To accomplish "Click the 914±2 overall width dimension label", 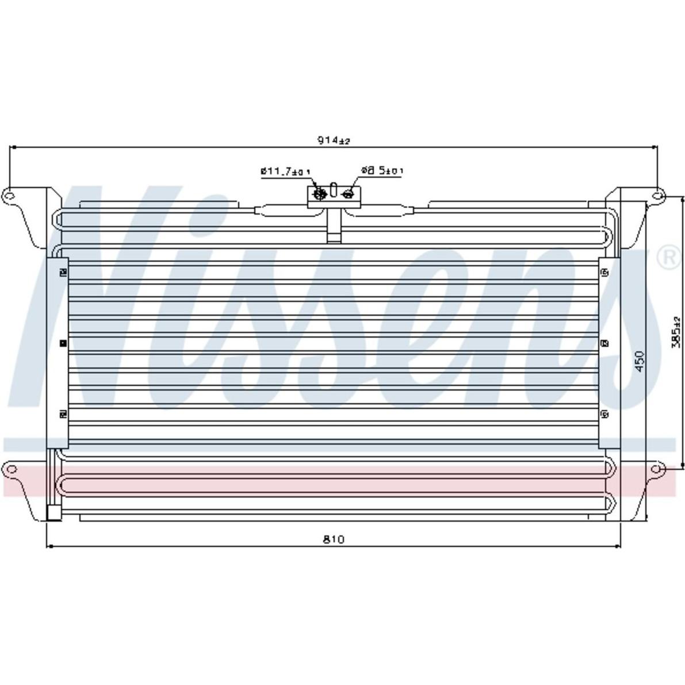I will pyautogui.click(x=334, y=140).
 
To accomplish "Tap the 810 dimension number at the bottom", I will pyautogui.click(x=334, y=539).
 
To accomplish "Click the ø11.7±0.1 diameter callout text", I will pyautogui.click(x=285, y=171).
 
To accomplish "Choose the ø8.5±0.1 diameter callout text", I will pyautogui.click(x=382, y=170).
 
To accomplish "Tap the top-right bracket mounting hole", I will pyautogui.click(x=656, y=196).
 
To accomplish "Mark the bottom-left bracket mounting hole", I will pyautogui.click(x=10, y=469).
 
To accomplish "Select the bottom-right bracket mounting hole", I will pyautogui.click(x=656, y=469).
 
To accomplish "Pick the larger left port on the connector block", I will pyautogui.click(x=319, y=194).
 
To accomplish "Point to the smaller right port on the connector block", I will pyautogui.click(x=347, y=194).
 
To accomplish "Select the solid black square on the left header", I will pyautogui.click(x=63, y=343).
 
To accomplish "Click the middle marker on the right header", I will pyautogui.click(x=604, y=343).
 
